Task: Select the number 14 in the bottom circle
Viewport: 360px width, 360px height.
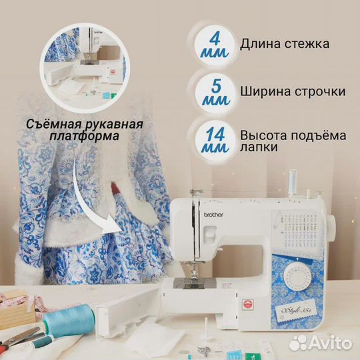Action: click(215, 134)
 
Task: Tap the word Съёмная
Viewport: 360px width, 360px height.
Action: click(53, 124)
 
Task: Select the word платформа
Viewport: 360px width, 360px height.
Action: click(84, 136)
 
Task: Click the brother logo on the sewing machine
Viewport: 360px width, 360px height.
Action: click(213, 215)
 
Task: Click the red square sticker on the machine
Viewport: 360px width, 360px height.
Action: click(247, 305)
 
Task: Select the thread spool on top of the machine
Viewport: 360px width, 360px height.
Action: click(292, 183)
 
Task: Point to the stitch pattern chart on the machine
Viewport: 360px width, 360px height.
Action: click(298, 229)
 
